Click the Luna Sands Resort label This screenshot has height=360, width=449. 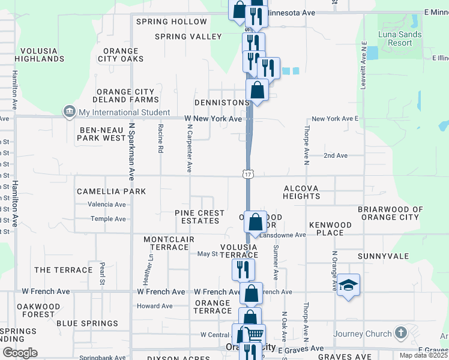coord(400,38)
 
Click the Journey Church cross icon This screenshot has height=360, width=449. coord(401,334)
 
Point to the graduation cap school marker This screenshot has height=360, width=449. coord(348,284)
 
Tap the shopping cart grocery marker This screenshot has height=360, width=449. coord(255,334)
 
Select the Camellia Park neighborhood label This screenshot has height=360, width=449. coord(111,191)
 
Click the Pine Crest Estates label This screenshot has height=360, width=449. coord(199,217)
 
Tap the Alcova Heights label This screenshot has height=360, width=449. coord(301,192)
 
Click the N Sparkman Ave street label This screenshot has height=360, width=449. coord(131,152)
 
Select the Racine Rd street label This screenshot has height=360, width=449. coord(160,139)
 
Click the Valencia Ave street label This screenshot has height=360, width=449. coord(107,204)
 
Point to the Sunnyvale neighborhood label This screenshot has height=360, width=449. coord(383,256)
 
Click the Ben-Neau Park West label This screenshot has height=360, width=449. coord(101,133)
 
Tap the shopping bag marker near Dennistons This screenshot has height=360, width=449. coord(258,90)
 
